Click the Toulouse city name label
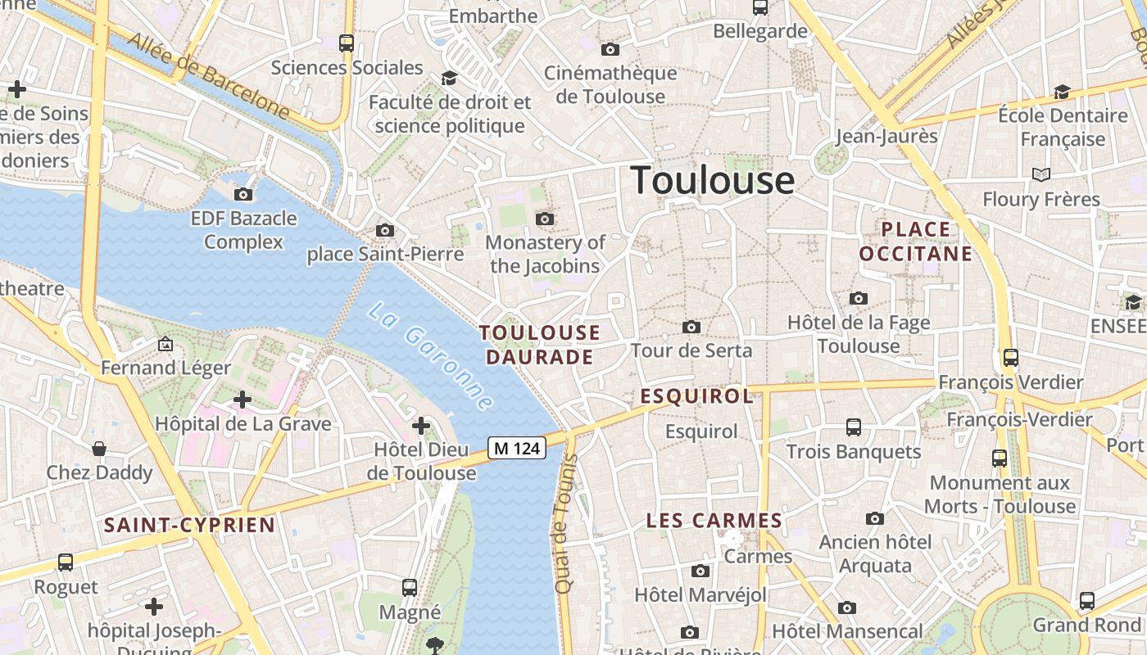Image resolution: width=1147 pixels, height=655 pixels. coord(712,180)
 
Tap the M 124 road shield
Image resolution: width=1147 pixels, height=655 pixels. coord(517,448)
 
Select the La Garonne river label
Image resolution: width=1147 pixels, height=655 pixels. coord(431,356)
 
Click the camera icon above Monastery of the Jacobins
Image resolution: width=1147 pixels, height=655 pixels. coord(545,219)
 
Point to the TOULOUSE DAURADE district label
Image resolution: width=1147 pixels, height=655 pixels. coord(540,345)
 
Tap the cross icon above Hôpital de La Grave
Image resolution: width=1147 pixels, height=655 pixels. coord(243,400)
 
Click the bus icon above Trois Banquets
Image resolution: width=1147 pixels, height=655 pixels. coord(854,427)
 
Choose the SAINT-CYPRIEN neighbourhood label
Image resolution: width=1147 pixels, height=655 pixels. coord(189,525)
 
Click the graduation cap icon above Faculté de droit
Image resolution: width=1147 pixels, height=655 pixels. coord(449,78)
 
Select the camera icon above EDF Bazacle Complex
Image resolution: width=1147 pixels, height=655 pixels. coord(243,194)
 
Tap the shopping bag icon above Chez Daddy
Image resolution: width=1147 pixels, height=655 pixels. coord(99,449)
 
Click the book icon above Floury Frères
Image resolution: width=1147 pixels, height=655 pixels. coord(1041,174)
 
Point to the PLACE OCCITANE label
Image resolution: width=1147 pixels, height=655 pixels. coord(916,242)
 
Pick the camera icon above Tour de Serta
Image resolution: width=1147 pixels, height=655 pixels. coord(691,327)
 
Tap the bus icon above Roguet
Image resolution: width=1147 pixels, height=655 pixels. coord(66,562)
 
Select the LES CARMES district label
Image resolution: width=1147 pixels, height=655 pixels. coord(714,521)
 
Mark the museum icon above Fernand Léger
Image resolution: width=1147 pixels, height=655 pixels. coord(165,344)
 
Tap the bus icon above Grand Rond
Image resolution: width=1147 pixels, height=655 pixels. coord(1087,600)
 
